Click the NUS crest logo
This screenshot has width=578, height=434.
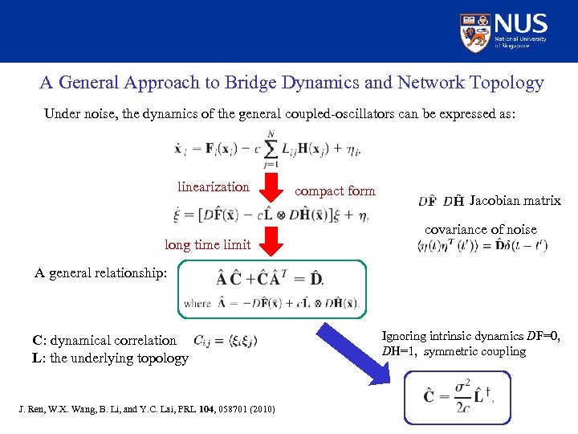(475, 31)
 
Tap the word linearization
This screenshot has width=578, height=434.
(213, 187)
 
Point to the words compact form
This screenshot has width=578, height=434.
(335, 191)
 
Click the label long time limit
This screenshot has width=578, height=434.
(207, 244)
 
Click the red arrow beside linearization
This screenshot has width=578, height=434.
(271, 190)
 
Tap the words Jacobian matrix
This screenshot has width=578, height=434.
(515, 201)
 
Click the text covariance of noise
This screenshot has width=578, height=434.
(480, 230)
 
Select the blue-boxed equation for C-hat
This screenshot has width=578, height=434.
(457, 396)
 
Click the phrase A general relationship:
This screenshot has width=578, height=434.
(100, 272)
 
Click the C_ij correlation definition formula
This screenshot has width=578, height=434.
(226, 341)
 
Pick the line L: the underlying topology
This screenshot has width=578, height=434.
(110, 358)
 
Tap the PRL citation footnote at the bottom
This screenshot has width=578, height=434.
(146, 410)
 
